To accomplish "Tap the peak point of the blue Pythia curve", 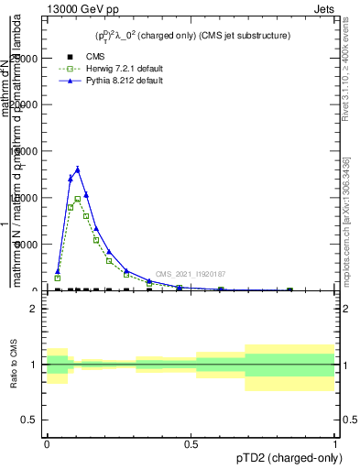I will [x=78, y=169].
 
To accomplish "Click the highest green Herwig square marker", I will [x=78, y=199].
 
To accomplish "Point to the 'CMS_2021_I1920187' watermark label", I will [x=190, y=274].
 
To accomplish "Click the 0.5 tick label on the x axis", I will [x=191, y=442].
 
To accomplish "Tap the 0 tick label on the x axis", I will [x=47, y=442].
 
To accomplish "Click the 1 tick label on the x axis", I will [x=335, y=442].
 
